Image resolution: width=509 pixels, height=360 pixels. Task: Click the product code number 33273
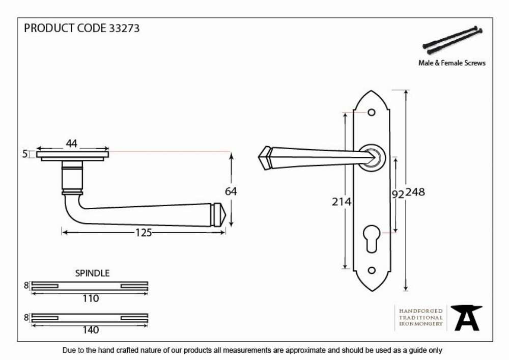(x=124, y=28)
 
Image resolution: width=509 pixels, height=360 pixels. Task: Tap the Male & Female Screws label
(x=452, y=63)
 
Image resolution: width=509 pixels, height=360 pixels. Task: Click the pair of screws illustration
(x=453, y=40)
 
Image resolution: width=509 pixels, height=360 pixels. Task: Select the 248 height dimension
(x=415, y=192)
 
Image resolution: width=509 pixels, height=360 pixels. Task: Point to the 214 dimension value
(x=342, y=202)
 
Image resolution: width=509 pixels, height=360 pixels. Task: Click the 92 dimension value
(x=398, y=194)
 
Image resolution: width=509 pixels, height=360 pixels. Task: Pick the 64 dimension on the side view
(x=231, y=191)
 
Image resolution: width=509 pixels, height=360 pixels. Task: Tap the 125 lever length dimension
(x=144, y=232)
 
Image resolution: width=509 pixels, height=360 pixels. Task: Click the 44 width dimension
(x=71, y=143)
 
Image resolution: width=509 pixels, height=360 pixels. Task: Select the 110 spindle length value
(x=91, y=298)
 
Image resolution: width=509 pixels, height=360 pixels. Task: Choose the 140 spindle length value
(x=91, y=330)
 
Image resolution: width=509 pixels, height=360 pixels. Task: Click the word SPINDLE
(x=93, y=273)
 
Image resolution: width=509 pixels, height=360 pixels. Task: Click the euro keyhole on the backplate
(x=372, y=238)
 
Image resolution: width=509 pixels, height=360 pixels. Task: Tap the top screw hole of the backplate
(x=372, y=113)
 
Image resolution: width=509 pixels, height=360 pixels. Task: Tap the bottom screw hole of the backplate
(x=372, y=270)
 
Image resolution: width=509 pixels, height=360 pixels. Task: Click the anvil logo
(x=467, y=318)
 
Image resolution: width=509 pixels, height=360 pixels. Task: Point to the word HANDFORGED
(x=421, y=311)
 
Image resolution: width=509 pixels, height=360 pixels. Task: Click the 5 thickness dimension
(x=25, y=154)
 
